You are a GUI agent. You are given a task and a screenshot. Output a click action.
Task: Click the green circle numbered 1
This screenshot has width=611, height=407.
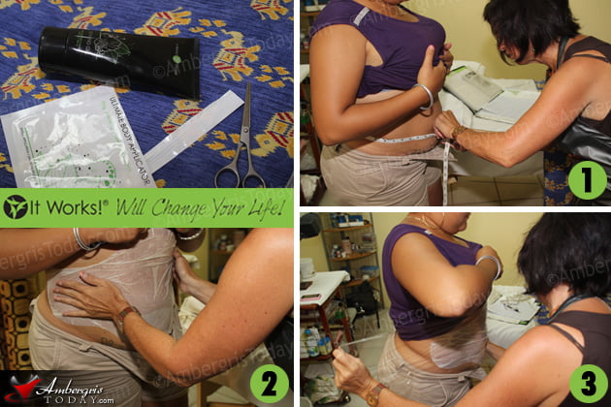pos(587,179)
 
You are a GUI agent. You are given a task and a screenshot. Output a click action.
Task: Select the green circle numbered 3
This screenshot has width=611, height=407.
pos(586,382)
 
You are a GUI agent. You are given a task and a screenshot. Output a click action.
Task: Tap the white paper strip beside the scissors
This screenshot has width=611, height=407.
pos(194,131)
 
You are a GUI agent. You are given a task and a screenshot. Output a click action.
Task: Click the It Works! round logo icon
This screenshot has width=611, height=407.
pos(16,207)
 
